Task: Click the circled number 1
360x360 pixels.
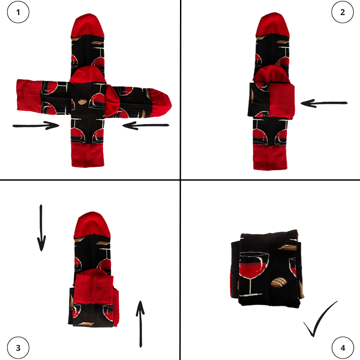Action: pyautogui.click(x=18, y=12)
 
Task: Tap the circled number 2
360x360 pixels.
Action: pyautogui.click(x=342, y=12)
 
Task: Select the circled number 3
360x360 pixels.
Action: pyautogui.click(x=18, y=348)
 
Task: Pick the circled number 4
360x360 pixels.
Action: pyautogui.click(x=342, y=348)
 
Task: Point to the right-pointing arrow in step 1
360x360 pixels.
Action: pyautogui.click(x=36, y=126)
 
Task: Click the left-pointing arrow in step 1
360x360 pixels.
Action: pyautogui.click(x=146, y=126)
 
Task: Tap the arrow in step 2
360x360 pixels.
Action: pyautogui.click(x=324, y=103)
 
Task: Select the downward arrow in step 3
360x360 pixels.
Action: pyautogui.click(x=41, y=228)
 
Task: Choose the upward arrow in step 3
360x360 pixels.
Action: pyautogui.click(x=140, y=324)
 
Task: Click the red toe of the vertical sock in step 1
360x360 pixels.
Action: pyautogui.click(x=88, y=25)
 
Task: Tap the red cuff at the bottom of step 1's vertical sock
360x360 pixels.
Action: pyautogui.click(x=88, y=155)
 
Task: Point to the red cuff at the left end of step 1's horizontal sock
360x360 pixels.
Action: pyautogui.click(x=29, y=96)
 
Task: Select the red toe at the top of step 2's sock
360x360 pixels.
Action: pyautogui.click(x=273, y=24)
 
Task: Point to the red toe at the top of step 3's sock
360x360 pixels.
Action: pyautogui.click(x=92, y=225)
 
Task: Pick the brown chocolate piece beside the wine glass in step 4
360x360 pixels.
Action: pyautogui.click(x=279, y=283)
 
